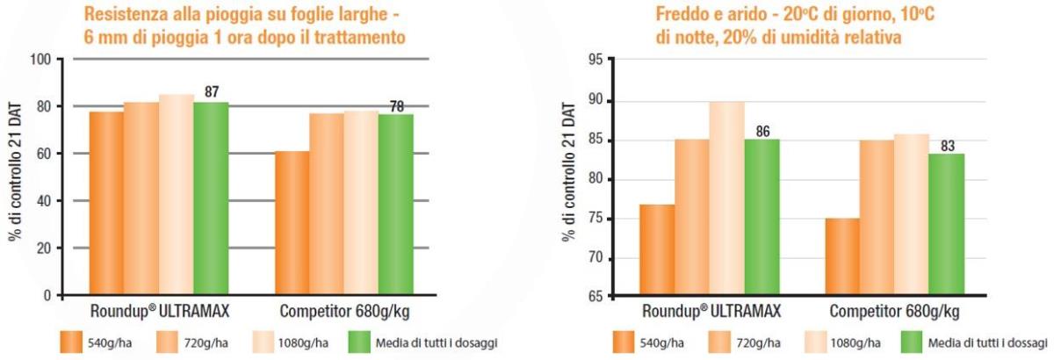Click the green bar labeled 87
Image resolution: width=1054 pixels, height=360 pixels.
[x=211, y=198]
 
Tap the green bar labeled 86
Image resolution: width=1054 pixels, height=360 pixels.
[x=762, y=219]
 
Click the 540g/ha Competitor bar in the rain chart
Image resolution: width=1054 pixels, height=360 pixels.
[x=292, y=223]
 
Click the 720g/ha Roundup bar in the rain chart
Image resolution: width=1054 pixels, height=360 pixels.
[x=141, y=198]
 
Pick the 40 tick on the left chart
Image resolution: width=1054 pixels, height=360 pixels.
[x=44, y=201]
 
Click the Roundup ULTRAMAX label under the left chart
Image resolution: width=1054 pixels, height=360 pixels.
[x=147, y=312]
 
